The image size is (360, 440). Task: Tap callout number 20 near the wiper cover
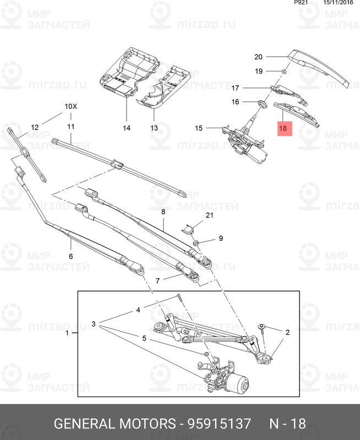[258, 57]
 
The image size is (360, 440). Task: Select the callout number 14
[127, 128]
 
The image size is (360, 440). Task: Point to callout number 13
[154, 128]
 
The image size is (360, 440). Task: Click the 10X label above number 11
[70, 106]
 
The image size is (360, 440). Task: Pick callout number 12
[35, 128]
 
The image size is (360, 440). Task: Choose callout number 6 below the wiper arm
[71, 256]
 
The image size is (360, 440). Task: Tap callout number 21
[210, 215]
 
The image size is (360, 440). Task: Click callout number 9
[221, 238]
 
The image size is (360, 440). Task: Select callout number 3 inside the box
[94, 324]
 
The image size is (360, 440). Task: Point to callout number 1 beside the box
[67, 333]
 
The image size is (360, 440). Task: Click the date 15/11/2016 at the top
[339, 3]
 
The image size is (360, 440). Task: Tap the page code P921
[301, 3]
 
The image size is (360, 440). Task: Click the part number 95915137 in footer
[219, 424]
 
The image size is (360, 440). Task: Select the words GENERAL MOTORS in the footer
[114, 424]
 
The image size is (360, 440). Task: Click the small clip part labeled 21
[188, 228]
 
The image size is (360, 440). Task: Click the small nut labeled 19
[283, 71]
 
